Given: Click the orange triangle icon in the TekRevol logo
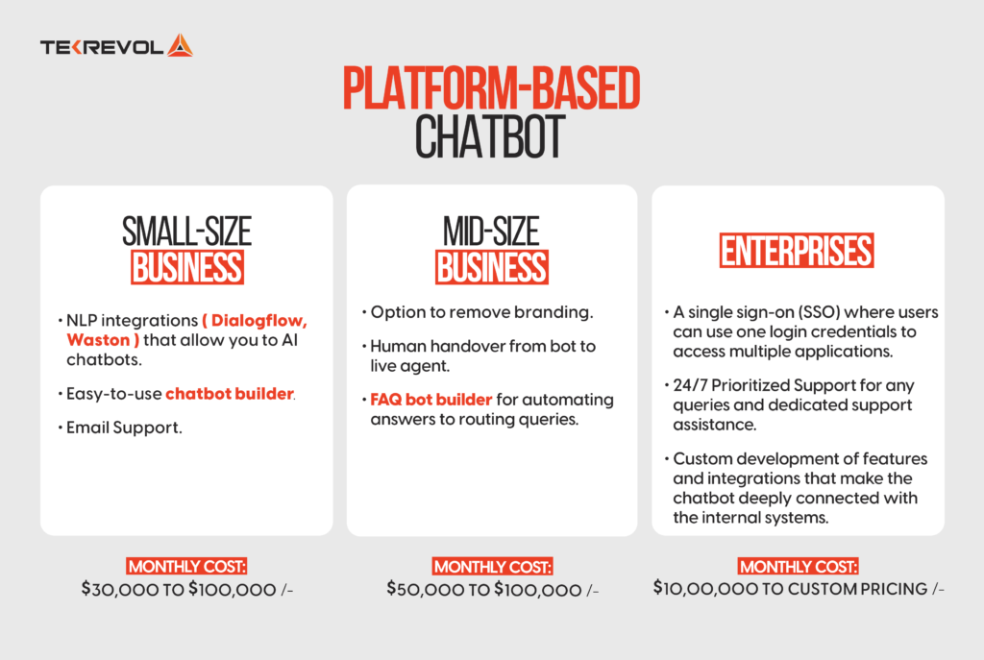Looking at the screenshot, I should [x=180, y=45].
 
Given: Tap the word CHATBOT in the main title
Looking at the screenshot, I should [x=491, y=138].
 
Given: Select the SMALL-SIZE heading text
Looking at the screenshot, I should [x=186, y=232].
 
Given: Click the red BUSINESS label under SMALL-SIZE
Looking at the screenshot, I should [x=186, y=268].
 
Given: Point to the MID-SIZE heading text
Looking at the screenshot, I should [x=491, y=232].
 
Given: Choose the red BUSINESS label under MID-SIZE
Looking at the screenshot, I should [x=491, y=268].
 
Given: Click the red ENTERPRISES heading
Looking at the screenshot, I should [x=797, y=251].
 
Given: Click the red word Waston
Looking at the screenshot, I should [x=95, y=340].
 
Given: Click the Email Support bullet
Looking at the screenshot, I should [x=124, y=428].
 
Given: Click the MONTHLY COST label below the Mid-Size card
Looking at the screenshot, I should [x=492, y=566].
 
